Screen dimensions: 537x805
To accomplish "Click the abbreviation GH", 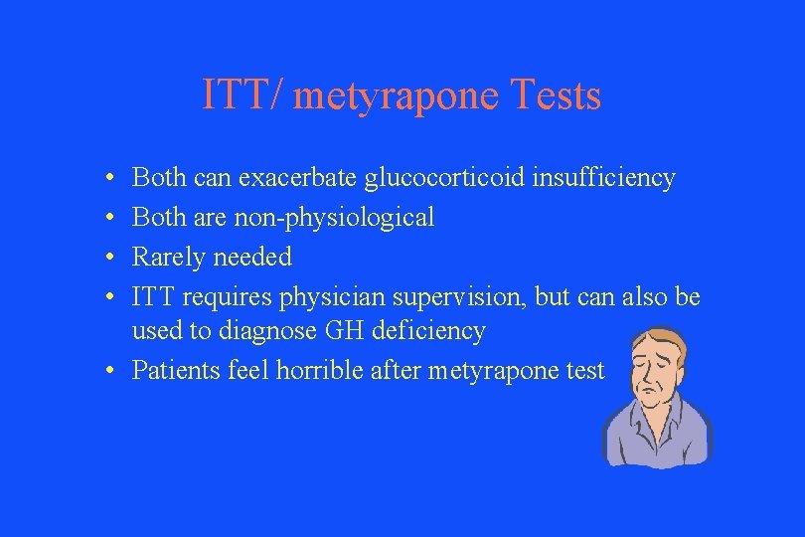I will click(356, 331).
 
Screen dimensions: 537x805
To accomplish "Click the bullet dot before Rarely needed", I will click(115, 258).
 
